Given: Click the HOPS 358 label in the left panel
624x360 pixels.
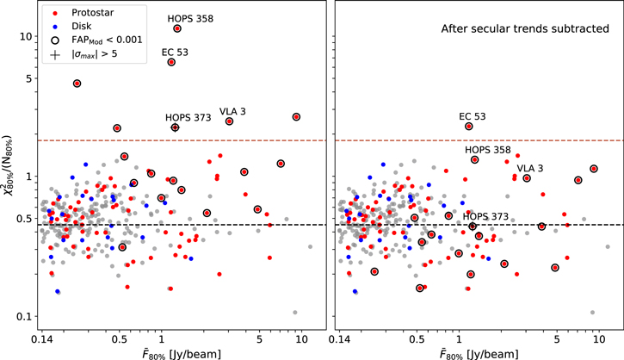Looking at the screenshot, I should (189, 17).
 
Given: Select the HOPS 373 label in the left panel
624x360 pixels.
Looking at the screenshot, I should (188, 117).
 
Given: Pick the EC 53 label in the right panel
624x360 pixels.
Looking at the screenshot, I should (473, 115).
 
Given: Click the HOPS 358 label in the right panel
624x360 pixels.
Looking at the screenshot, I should (489, 150).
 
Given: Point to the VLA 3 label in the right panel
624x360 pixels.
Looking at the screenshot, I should (530, 167).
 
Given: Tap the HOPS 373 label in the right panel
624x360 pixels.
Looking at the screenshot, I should (487, 216).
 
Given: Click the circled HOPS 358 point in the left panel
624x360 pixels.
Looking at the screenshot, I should (177, 28).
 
